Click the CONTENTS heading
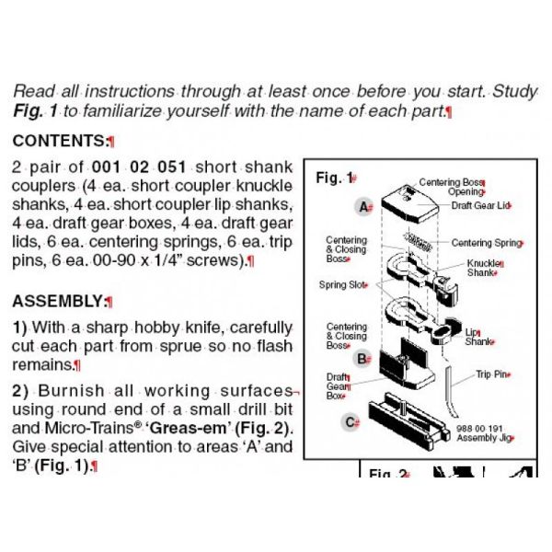[x=61, y=142]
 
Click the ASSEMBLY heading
[x=59, y=301]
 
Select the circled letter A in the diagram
[x=363, y=207]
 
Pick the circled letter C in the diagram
[x=351, y=422]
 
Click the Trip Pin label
[x=493, y=374]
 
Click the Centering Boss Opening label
[x=452, y=188]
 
